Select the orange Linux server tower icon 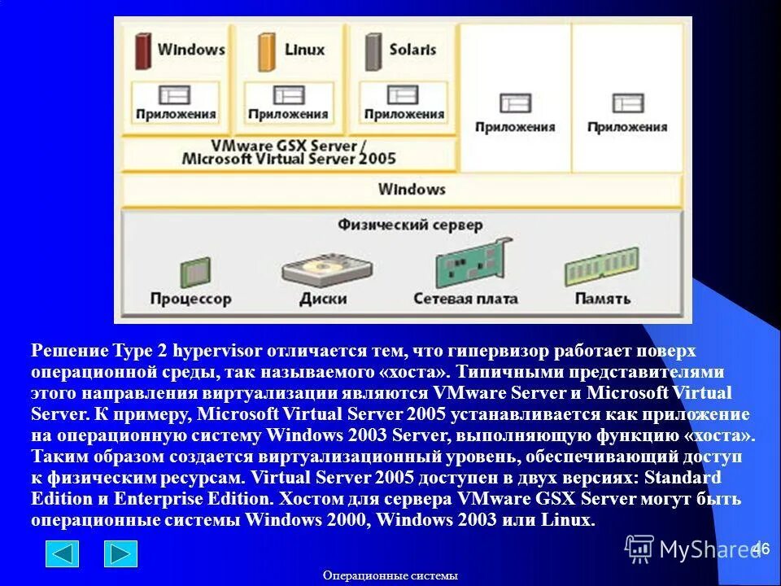[x=267, y=50]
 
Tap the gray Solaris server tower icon [x=373, y=50]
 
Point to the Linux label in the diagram [x=304, y=50]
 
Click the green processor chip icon [x=194, y=271]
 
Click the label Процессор [x=190, y=299]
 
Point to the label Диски [x=323, y=299]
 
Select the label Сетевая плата [x=465, y=299]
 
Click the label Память [x=602, y=299]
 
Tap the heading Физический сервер [x=410, y=225]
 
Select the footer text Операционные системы [x=390, y=575]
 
